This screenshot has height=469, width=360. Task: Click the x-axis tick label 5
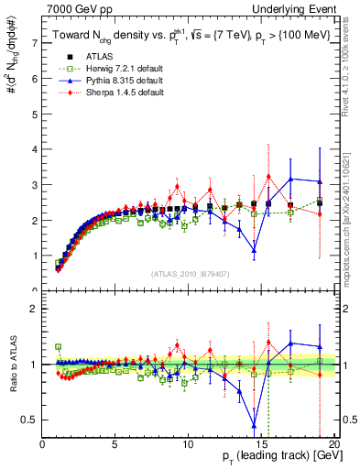point(115,445)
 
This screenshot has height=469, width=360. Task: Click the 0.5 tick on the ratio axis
point(30,420)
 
